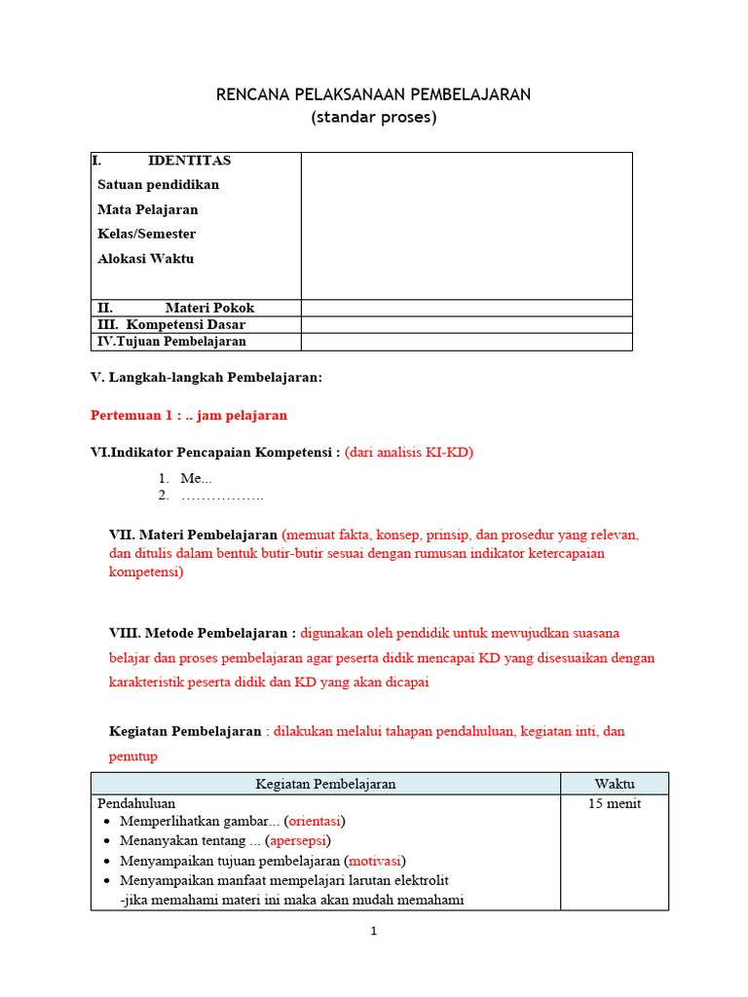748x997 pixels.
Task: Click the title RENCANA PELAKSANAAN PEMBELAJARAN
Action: [x=374, y=94]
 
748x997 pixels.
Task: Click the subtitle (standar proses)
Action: [x=374, y=118]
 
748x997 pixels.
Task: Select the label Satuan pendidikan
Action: [x=158, y=185]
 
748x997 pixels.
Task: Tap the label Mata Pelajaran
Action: [x=147, y=209]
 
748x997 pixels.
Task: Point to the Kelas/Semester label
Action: [x=146, y=234]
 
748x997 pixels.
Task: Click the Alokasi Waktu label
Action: [x=145, y=259]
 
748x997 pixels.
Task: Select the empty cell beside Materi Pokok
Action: [x=466, y=308]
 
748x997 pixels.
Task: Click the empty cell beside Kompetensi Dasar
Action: [x=466, y=324]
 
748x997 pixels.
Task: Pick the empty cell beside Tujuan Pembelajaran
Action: [x=466, y=342]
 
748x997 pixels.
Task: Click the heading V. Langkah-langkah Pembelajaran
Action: [x=206, y=378]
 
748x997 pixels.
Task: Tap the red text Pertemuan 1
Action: [x=188, y=415]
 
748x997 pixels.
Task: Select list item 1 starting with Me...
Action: [x=195, y=478]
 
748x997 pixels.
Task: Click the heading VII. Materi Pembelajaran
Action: [x=193, y=535]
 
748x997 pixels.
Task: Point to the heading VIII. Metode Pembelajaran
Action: [x=203, y=632]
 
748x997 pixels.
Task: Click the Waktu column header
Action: [x=614, y=784]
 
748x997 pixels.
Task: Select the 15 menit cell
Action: [x=614, y=804]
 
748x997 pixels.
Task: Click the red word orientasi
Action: [x=315, y=821]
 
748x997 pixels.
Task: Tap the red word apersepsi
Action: [x=299, y=840]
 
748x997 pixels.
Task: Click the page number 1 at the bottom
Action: [x=373, y=931]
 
